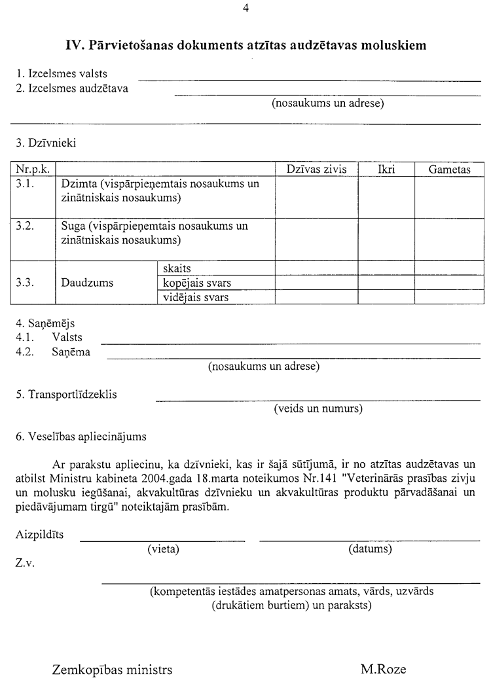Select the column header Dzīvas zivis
tap(316, 170)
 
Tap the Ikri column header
tap(386, 170)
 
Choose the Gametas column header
tap(450, 170)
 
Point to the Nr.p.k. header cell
tap(33, 170)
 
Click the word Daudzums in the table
tap(87, 283)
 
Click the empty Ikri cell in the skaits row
tap(386, 268)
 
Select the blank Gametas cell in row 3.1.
tap(450, 196)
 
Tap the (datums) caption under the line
tap(370, 548)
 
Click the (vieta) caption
tap(163, 548)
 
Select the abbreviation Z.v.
tap(25, 563)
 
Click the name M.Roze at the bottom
tap(383, 670)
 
